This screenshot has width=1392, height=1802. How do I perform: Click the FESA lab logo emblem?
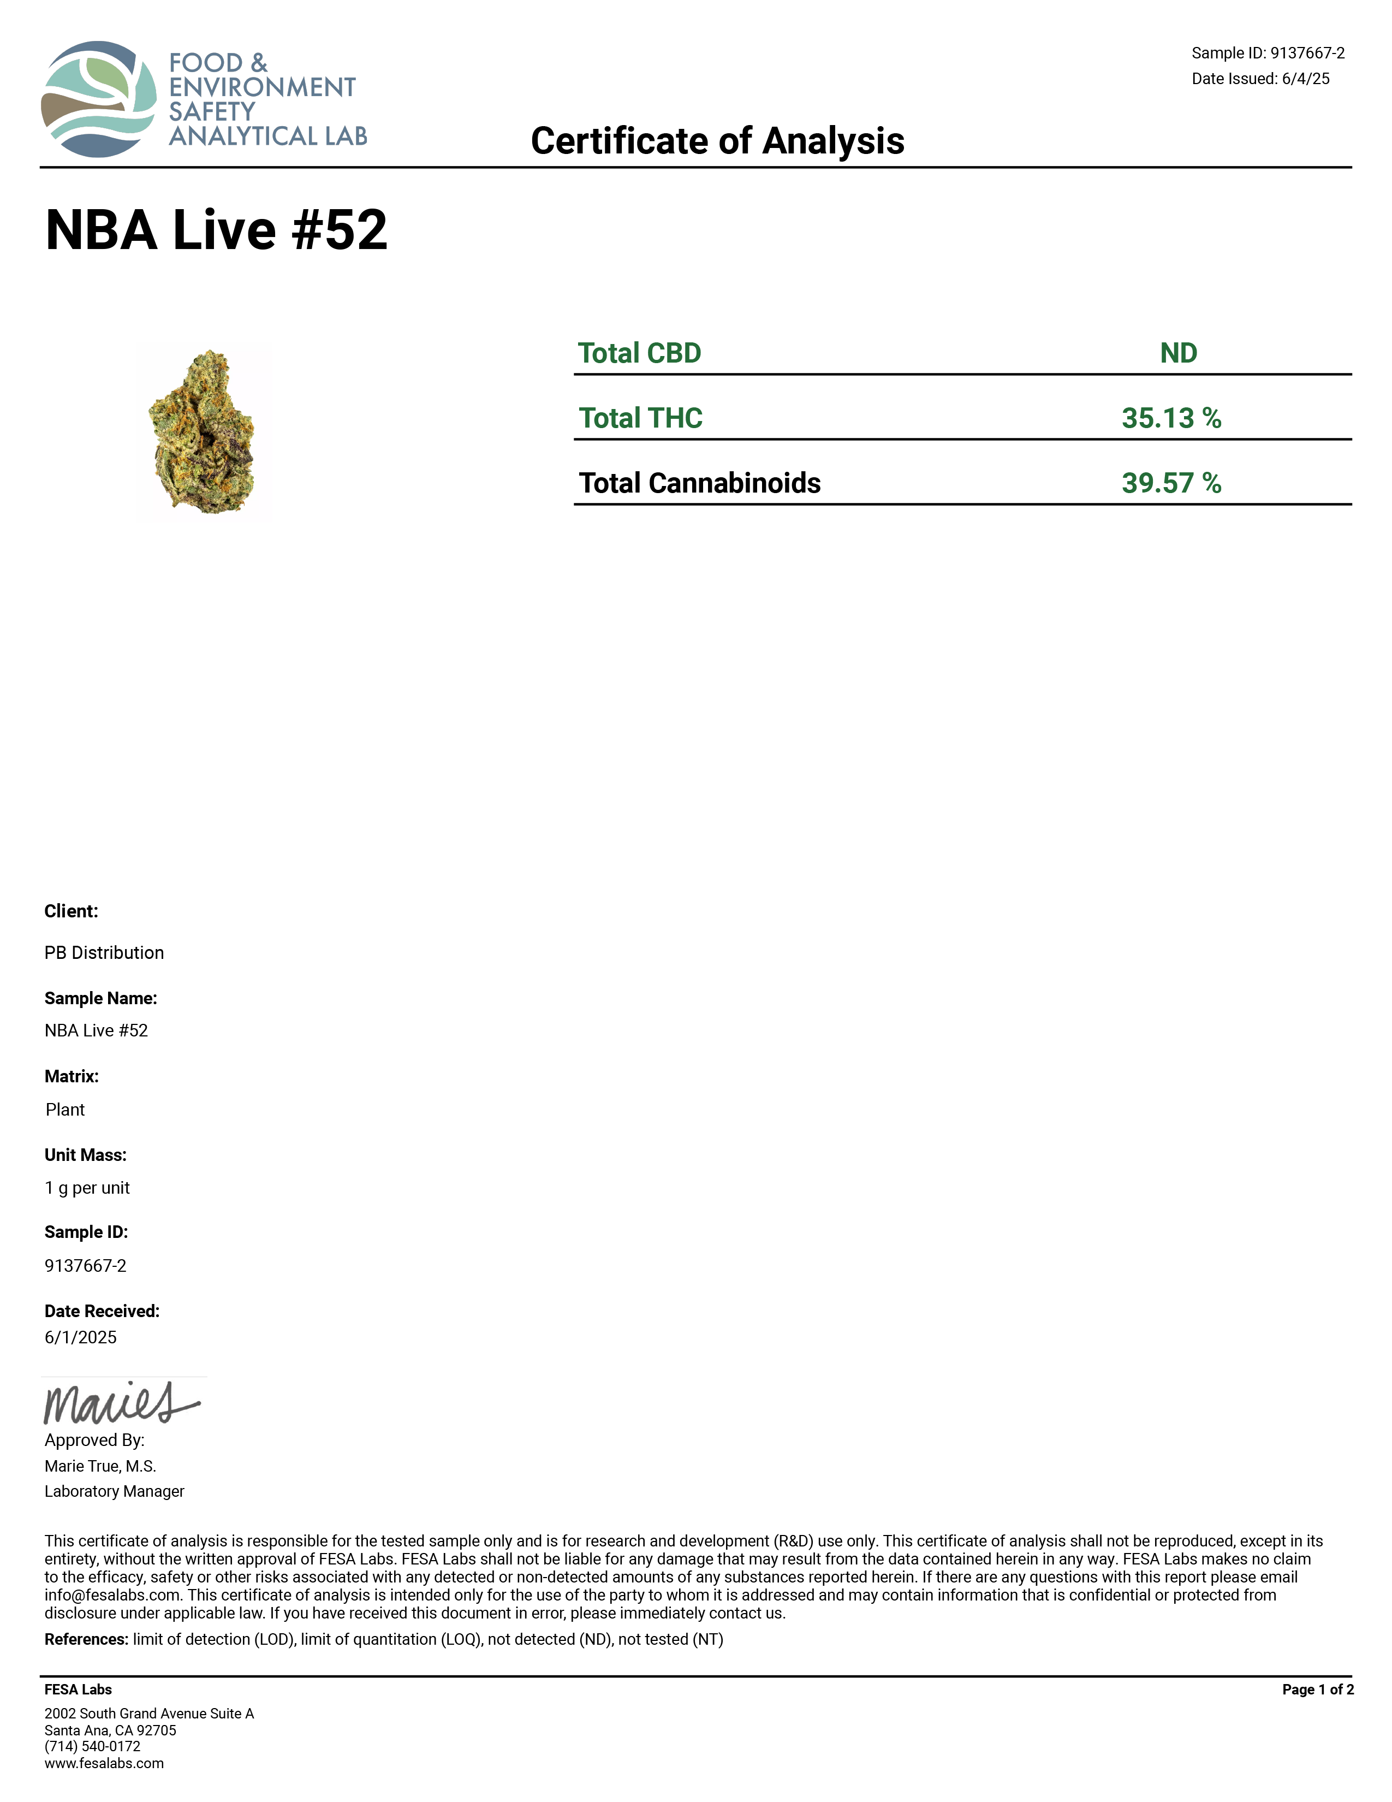click(x=99, y=99)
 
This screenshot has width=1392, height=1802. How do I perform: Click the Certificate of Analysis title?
click(x=717, y=141)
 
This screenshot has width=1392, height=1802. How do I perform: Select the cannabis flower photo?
click(x=204, y=432)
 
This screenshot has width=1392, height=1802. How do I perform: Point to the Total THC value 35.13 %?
click(x=1170, y=418)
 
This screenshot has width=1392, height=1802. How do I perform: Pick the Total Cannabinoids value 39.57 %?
click(x=1170, y=483)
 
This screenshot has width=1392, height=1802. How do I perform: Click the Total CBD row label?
click(x=639, y=353)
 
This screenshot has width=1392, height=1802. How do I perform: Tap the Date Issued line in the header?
click(x=1260, y=79)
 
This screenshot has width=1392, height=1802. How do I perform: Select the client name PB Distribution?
click(x=104, y=953)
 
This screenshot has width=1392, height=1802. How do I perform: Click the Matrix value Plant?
click(x=65, y=1110)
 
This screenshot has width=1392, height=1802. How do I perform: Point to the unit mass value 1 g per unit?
click(x=87, y=1188)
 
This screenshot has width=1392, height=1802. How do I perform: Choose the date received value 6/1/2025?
click(x=81, y=1337)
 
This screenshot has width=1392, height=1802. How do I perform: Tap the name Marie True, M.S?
click(x=100, y=1466)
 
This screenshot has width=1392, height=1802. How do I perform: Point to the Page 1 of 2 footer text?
click(x=1317, y=1690)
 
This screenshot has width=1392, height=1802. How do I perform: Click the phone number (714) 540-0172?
click(x=92, y=1747)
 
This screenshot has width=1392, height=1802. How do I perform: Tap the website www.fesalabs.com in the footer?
click(x=104, y=1763)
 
